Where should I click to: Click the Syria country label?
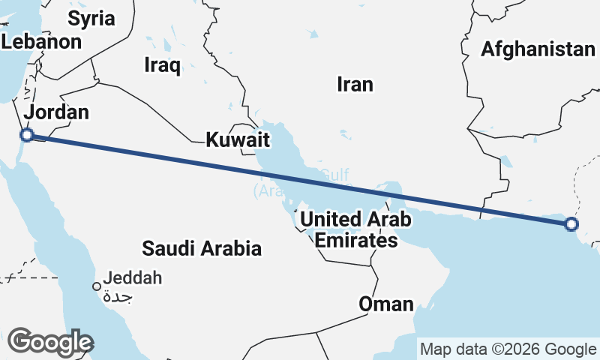point(91,18)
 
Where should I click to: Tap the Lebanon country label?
point(41,42)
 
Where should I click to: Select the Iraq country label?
point(163,66)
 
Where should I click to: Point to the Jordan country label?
point(56,112)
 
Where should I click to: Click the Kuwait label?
point(238,139)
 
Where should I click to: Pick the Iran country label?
point(355,84)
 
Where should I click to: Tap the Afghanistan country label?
point(538,49)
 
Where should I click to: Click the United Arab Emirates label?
point(355,230)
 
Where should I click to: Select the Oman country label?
point(385,304)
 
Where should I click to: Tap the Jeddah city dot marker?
point(97,286)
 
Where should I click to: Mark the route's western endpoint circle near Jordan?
point(26,135)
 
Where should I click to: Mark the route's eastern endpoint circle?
point(571,223)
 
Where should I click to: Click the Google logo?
point(49,342)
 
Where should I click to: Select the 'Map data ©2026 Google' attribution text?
point(508,349)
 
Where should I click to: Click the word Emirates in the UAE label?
point(355,241)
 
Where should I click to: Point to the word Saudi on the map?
point(164,248)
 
